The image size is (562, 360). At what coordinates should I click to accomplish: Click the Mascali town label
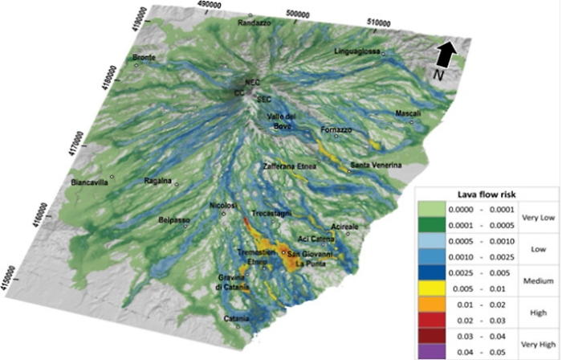pos(408,114)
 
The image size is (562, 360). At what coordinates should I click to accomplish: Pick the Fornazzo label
pos(336,129)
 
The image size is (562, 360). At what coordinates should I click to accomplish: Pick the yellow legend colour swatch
pos(438,285)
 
